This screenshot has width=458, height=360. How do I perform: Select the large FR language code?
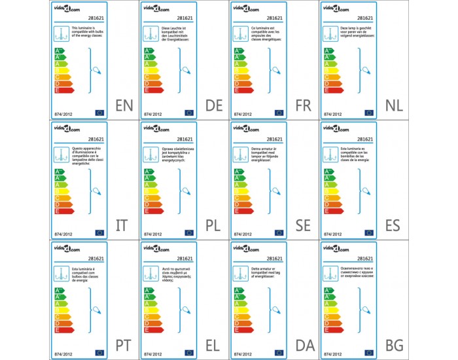(x=303, y=106)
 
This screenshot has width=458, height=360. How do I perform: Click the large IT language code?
(x=122, y=226)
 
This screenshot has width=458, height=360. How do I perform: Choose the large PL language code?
(x=213, y=226)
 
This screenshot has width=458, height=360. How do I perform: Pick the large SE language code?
(x=303, y=226)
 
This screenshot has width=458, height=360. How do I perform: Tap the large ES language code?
(x=393, y=226)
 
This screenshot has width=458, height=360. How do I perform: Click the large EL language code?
(x=213, y=345)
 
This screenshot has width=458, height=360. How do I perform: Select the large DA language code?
(x=303, y=345)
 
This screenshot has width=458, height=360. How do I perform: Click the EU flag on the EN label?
(x=99, y=113)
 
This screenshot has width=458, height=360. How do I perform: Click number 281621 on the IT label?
(x=96, y=139)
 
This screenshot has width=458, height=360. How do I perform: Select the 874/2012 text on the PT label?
(x=62, y=353)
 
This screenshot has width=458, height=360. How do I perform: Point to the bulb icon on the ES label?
(x=367, y=190)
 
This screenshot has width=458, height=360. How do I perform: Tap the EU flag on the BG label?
(x=369, y=352)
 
